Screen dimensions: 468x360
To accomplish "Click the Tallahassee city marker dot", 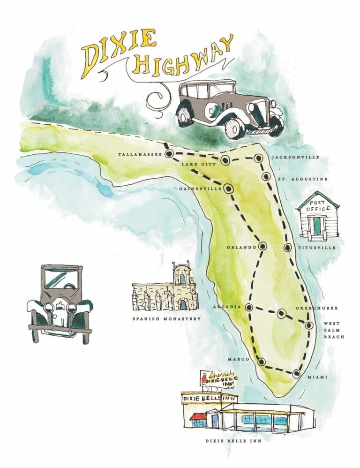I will coord(169,153).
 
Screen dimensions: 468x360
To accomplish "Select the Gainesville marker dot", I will coord(228,189).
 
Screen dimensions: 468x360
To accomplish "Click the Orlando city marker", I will coord(262,246).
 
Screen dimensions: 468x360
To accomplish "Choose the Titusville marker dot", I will coord(287,248).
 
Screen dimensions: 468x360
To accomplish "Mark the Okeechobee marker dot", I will coord(281,314).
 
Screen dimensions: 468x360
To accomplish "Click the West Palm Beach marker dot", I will coord(309,325).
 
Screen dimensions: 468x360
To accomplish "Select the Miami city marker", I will coord(296,374).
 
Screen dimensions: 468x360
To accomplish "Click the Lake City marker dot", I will coord(225,160).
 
